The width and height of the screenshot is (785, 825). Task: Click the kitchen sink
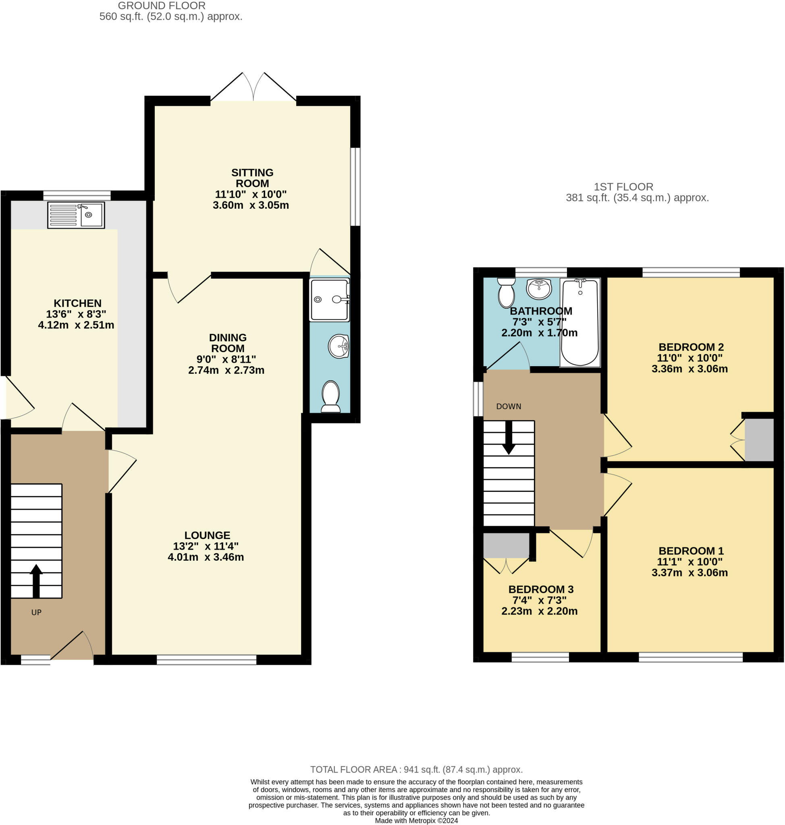point(76,215)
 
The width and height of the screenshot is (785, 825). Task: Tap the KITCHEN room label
point(77,303)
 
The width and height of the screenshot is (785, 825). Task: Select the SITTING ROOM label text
point(252,178)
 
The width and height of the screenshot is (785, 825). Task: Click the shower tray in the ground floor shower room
point(329,300)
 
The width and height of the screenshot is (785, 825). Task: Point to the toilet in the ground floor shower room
point(330,396)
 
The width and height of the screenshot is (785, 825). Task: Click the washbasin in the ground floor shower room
point(339,346)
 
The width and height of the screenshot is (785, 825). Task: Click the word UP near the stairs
point(36,612)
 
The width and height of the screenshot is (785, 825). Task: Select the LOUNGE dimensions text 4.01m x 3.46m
point(206,557)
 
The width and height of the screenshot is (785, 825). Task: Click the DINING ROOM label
point(228,343)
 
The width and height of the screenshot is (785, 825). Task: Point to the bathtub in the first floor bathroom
point(579,322)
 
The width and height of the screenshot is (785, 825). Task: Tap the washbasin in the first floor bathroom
point(539,288)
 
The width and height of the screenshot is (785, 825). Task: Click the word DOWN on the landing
point(509,406)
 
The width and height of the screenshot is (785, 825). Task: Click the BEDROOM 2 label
point(691,347)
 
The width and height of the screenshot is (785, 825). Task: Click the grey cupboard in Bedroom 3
point(506,545)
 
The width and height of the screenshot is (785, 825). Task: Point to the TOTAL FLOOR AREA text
point(416,769)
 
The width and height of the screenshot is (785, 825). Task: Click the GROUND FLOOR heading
point(162,6)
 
